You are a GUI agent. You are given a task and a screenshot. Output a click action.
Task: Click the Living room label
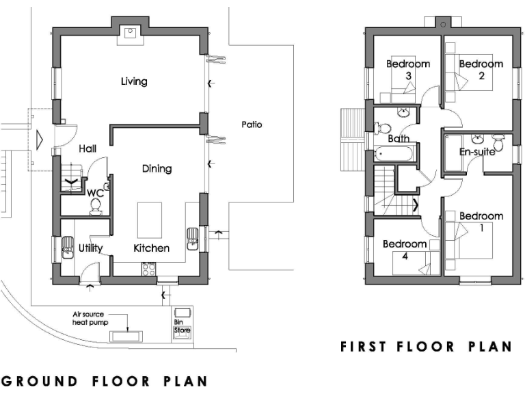click(x=134, y=81)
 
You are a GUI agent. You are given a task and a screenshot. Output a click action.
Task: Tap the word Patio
click(x=252, y=124)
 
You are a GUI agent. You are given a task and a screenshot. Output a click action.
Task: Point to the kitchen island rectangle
click(x=150, y=218)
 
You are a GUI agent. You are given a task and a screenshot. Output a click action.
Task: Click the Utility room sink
click(x=68, y=246)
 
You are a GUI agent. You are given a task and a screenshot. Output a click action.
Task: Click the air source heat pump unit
click(x=127, y=336)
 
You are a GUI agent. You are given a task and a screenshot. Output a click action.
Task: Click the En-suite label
click(x=476, y=152)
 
